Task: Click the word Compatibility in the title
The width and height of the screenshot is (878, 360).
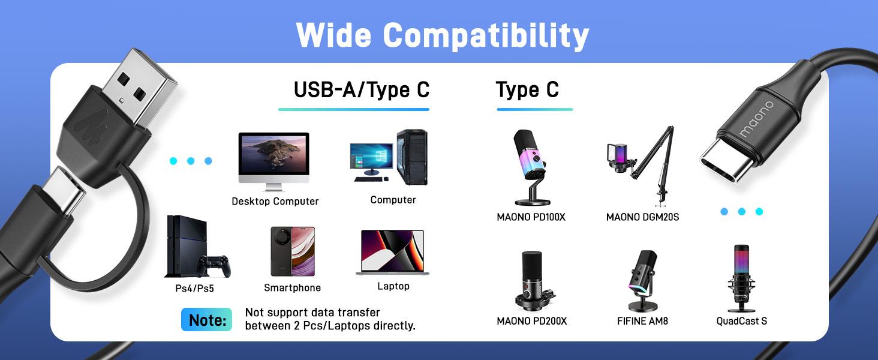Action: pos(486,36)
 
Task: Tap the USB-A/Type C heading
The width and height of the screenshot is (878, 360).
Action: pos(362,90)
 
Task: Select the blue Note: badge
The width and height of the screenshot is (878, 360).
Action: pos(206,320)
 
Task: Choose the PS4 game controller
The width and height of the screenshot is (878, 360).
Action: pos(214,265)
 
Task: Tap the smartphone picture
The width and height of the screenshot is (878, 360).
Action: pos(293,251)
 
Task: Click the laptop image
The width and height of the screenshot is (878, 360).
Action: pos(393,253)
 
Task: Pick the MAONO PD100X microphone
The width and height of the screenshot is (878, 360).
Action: pos(531,165)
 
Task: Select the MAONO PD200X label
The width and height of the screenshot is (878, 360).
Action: pos(531,321)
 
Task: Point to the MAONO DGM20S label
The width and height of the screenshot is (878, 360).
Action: pos(642,217)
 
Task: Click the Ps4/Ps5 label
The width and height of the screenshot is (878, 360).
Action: pos(190,289)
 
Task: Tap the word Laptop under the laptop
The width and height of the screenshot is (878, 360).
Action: pos(393,286)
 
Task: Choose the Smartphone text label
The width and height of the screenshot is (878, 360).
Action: pos(293,288)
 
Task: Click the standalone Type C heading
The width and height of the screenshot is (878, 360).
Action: pos(527,90)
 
